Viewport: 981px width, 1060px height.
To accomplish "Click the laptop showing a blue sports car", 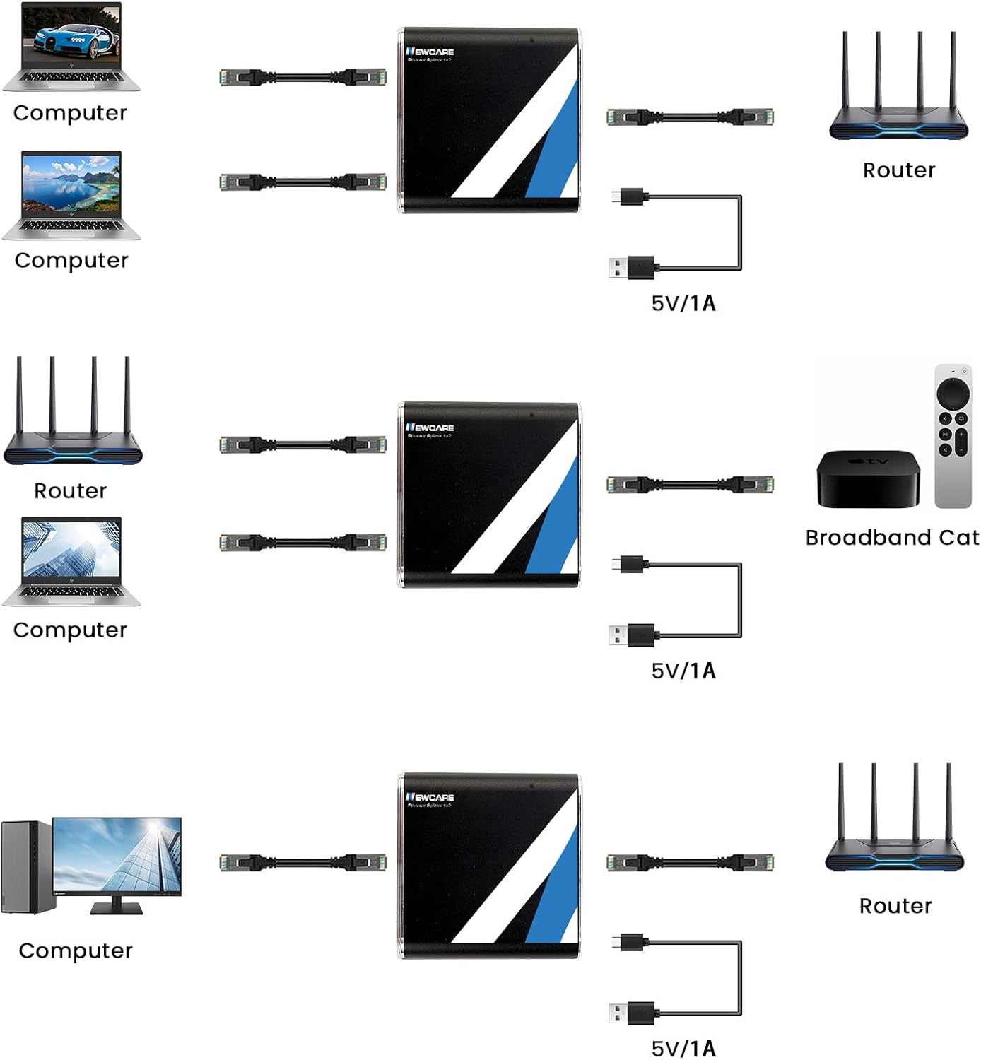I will click(71, 47).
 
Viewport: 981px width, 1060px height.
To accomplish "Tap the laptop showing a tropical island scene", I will click(71, 194).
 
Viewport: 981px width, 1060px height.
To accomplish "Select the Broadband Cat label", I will click(892, 538).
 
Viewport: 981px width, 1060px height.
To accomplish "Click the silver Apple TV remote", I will click(953, 436).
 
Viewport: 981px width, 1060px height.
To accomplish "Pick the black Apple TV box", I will click(868, 479).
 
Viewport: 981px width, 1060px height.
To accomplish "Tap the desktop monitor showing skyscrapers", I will click(117, 859).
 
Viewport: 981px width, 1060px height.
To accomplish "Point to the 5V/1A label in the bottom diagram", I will click(683, 1048).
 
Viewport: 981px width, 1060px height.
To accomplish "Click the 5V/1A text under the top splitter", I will click(683, 303).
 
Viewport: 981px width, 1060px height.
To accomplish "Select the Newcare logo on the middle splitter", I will click(430, 428).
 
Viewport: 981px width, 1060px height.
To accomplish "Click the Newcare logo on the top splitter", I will click(430, 52).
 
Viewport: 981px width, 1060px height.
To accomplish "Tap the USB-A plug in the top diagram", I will click(631, 268).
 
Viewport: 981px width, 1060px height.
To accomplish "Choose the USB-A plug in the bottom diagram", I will click(631, 1013).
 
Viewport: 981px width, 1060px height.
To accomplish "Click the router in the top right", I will click(898, 92).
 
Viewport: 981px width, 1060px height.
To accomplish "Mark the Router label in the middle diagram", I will click(71, 491).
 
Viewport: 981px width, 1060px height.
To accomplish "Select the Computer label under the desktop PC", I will click(76, 950).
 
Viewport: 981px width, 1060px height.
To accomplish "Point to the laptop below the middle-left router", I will click(71, 560).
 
